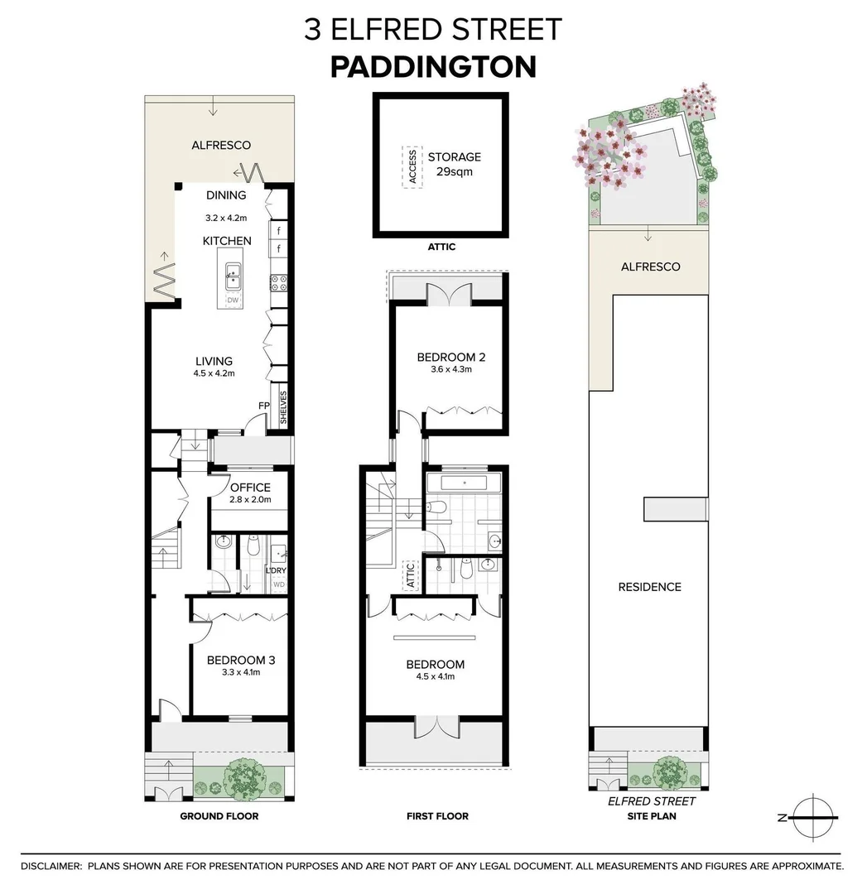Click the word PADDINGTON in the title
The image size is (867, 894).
click(x=433, y=66)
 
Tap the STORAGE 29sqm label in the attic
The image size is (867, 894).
click(x=454, y=165)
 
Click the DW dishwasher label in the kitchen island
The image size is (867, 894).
click(x=233, y=300)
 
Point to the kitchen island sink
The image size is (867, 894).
click(x=234, y=273)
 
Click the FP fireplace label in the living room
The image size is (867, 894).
click(x=264, y=406)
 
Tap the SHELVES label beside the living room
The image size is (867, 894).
click(x=283, y=408)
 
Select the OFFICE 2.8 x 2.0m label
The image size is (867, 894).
click(x=250, y=493)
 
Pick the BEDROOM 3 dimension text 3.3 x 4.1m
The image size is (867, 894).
click(x=241, y=672)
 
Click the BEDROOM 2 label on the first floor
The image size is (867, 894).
click(x=450, y=358)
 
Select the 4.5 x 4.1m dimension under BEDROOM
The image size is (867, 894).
click(x=435, y=676)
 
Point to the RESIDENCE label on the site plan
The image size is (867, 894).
click(x=649, y=587)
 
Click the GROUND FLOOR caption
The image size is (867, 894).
click(x=219, y=816)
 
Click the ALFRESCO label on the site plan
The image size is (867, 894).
click(x=650, y=267)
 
